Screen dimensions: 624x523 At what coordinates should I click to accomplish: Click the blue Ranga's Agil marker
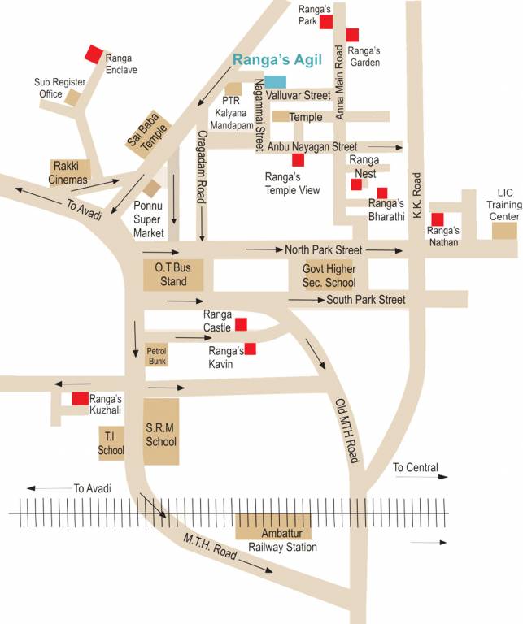pos(276,81)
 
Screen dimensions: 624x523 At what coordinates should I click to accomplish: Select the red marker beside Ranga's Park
pos(326,22)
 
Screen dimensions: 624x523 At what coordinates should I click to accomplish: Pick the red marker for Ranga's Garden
pos(352,35)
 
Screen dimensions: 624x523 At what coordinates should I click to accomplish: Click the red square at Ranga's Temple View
pos(299,160)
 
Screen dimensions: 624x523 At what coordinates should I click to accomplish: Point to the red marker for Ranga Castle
pos(241,325)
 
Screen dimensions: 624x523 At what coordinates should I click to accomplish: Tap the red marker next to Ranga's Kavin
pos(251,349)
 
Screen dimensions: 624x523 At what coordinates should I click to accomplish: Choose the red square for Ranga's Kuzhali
pos(80,399)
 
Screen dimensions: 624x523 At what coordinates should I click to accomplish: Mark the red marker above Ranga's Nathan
pos(438,219)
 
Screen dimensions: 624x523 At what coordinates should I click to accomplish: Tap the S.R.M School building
pos(161,431)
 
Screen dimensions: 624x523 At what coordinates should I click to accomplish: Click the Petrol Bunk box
pos(156,356)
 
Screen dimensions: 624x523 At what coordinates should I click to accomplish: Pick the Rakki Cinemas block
pos(70,171)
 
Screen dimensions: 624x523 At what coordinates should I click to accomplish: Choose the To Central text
pos(415,467)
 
